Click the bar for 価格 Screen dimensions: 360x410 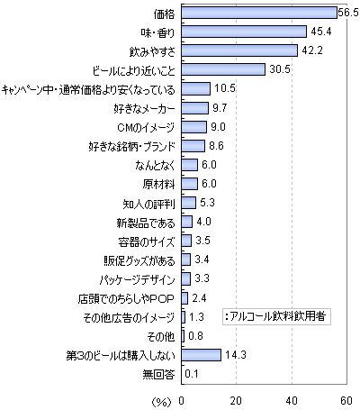[259, 13]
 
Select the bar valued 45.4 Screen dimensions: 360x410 [244, 32]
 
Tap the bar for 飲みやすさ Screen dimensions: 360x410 [239, 50]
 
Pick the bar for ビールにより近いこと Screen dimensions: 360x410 [223, 69]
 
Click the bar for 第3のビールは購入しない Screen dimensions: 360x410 [201, 355]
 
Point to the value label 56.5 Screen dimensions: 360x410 [348, 13]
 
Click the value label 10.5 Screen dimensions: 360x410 [225, 88]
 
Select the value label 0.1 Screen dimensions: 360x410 [192, 374]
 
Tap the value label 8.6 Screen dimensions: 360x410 [216, 146]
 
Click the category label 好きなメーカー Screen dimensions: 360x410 [144, 108]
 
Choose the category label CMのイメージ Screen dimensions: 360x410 [146, 127]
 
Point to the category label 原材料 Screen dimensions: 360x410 [158, 184]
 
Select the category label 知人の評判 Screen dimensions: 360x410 [148, 204]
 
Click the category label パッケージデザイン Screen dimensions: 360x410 [137, 279]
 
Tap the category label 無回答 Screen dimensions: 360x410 [158, 375]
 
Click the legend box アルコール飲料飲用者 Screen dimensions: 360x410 [276, 316]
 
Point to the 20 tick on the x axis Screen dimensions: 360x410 [236, 401]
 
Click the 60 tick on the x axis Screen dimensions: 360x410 [346, 401]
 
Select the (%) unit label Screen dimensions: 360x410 [162, 402]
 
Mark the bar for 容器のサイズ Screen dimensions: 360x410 [186, 241]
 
